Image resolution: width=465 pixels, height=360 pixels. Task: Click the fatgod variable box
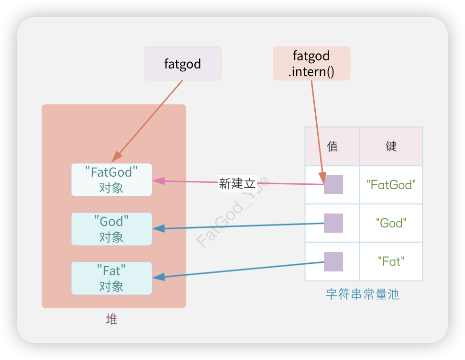[183, 63]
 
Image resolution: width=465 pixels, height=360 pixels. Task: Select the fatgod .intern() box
[311, 63]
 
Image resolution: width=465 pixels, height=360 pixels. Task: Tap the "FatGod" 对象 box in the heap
[111, 180]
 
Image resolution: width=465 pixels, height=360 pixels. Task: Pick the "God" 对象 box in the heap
[111, 229]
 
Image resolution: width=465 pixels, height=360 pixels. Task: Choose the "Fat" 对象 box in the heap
[111, 278]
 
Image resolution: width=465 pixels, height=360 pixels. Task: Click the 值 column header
[332, 146]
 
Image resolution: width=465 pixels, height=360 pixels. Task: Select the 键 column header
[391, 146]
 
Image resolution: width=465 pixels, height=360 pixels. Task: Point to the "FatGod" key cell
[391, 185]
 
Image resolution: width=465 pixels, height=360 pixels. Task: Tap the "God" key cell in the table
[391, 223]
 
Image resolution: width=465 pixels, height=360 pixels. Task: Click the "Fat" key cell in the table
[391, 261]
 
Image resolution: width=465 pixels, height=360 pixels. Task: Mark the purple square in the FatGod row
[333, 184]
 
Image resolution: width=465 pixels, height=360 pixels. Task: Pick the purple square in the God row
[333, 223]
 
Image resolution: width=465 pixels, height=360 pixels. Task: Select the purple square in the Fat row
[333, 262]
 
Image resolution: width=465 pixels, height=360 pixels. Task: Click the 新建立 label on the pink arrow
[237, 183]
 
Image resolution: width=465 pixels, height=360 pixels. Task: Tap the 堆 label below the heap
[111, 319]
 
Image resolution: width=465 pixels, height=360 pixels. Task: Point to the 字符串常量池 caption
[363, 294]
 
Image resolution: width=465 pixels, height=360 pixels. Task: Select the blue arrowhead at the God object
[158, 229]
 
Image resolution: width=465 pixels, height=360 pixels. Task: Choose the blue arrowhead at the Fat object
[158, 277]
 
